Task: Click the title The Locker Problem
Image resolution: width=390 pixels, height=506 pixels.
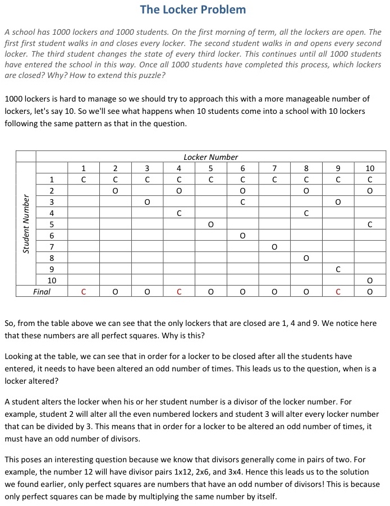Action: tap(192, 10)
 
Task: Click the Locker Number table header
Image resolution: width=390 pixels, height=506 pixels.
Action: tap(210, 157)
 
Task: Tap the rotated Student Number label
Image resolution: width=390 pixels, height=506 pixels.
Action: tap(26, 224)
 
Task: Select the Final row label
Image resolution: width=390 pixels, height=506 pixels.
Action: tap(42, 292)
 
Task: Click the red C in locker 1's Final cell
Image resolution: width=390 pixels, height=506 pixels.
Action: tap(84, 292)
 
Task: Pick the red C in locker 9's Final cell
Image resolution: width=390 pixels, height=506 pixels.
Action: tap(338, 292)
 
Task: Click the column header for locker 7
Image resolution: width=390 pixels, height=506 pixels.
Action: tap(274, 168)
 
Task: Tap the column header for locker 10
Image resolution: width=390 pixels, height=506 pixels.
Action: tap(370, 168)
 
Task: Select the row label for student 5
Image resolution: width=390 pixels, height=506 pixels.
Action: tap(52, 224)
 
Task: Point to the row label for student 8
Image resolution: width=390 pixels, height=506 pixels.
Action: tap(52, 258)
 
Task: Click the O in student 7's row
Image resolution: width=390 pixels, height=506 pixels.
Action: tap(274, 247)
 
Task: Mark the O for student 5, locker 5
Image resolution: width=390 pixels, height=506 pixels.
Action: tap(210, 224)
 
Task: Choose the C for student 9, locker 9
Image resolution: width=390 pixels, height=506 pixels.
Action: tap(338, 269)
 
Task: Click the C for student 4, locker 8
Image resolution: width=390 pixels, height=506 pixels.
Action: tap(306, 213)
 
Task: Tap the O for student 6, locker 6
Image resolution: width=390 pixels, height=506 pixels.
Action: tap(242, 236)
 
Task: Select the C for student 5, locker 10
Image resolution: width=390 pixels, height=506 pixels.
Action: tap(370, 224)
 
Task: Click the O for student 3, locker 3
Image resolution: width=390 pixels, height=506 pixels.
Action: tap(147, 202)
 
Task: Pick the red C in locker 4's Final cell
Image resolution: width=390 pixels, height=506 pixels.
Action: tap(179, 292)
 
